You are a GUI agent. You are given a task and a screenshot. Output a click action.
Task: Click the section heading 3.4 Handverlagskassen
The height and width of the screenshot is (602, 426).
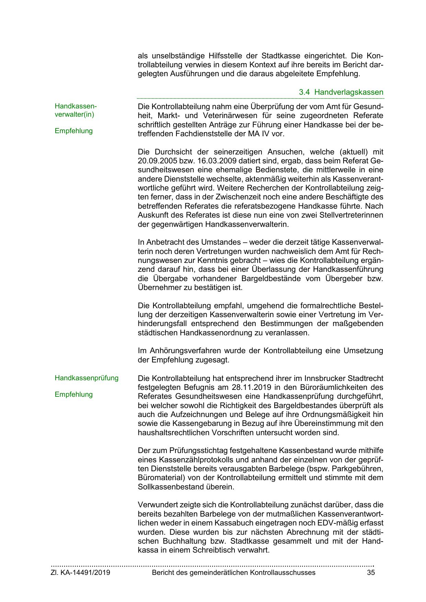tap(341, 92)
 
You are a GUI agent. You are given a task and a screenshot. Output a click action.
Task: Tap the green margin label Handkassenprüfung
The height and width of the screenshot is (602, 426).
tap(87, 378)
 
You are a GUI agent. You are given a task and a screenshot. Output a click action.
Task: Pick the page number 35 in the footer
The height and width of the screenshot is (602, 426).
tap(371, 572)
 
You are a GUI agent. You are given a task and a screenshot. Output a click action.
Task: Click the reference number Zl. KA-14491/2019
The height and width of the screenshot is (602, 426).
tap(80, 572)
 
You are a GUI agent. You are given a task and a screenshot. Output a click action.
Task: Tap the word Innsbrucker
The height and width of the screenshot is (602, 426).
tap(324, 379)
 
